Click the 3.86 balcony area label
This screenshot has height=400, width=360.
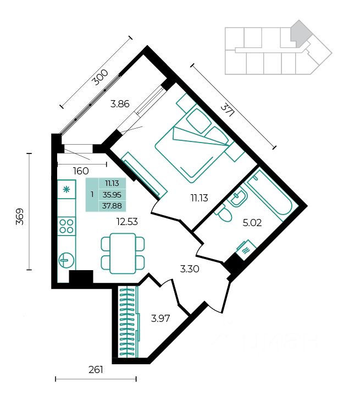click(120, 104)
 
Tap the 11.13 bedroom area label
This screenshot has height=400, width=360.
click(200, 198)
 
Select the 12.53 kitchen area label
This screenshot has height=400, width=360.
click(127, 222)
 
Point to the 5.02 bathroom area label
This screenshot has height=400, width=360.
click(252, 223)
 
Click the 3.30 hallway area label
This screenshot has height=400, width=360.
click(190, 269)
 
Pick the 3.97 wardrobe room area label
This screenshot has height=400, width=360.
click(160, 319)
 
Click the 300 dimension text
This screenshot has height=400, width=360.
click(100, 78)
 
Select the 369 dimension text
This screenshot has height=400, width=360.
click(20, 217)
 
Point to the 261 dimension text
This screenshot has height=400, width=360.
click(96, 369)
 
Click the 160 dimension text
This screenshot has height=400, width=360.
click(81, 171)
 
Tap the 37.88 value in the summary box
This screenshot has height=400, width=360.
click(112, 206)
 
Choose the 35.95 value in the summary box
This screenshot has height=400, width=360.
click(112, 195)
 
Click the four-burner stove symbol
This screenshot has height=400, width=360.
click(67, 226)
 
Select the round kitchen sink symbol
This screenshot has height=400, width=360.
click(67, 260)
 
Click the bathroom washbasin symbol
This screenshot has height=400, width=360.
click(239, 198)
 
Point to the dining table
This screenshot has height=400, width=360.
click(123, 253)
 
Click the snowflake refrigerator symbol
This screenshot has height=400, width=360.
click(67, 189)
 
